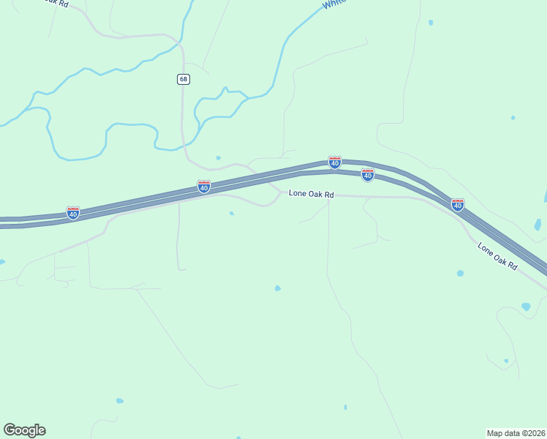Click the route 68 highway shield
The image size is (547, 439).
(x=184, y=79)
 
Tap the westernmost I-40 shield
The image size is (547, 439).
(x=73, y=213)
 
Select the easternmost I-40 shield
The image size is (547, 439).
(x=458, y=205)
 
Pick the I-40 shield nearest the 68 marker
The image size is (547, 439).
(x=204, y=187)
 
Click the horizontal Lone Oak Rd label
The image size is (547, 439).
(x=311, y=195)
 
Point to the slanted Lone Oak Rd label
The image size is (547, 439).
(x=497, y=257)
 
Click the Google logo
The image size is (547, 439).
(x=24, y=430)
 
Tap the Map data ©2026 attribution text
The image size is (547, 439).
(x=516, y=432)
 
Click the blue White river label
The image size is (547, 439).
(x=333, y=3)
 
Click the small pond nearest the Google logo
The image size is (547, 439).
(x=119, y=401)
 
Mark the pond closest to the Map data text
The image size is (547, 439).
(x=505, y=361)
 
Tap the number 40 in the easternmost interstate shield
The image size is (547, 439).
(x=458, y=206)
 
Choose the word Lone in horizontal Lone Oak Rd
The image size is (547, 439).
(x=297, y=195)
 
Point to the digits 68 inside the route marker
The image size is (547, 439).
(x=184, y=79)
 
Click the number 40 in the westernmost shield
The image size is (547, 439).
(x=73, y=214)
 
